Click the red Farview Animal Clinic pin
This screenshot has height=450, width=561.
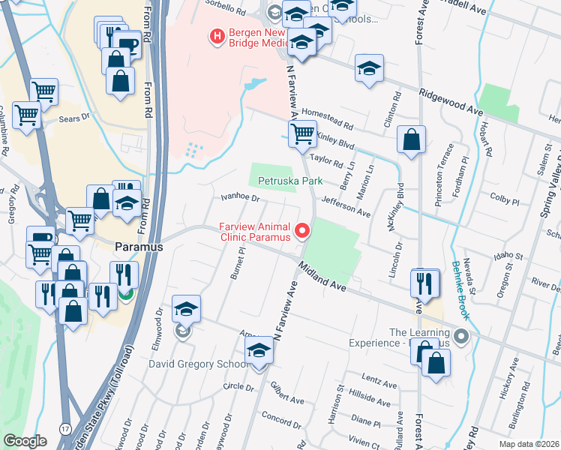tap(303, 231)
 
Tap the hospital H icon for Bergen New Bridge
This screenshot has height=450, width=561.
tap(217, 35)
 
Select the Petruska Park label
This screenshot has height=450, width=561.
tap(290, 181)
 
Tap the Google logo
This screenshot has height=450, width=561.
tap(25, 441)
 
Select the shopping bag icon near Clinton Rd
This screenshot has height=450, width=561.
tap(411, 139)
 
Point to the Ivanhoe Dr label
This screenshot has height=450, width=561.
tap(239, 199)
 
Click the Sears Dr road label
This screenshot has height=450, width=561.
tap(74, 117)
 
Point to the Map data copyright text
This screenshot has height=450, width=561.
tap(529, 444)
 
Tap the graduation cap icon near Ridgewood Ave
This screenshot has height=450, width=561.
tap(369, 69)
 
